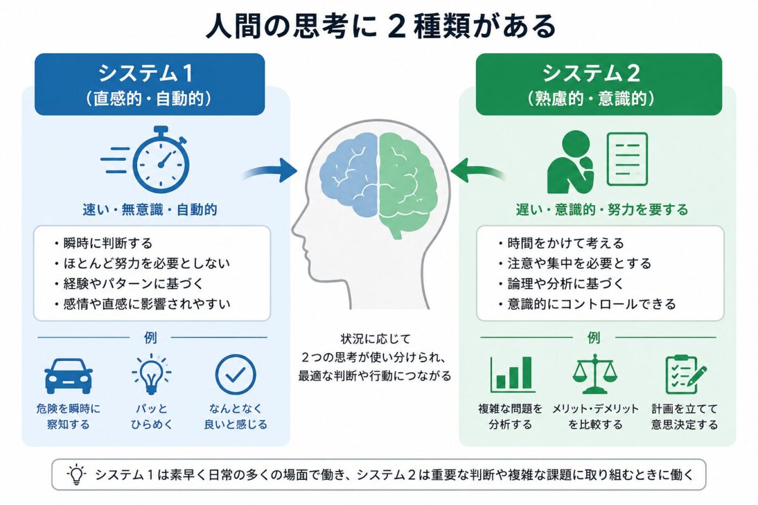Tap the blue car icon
coord(69,376)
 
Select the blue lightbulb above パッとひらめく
coord(152,374)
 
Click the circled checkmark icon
coord(236,374)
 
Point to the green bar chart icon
coord(512,374)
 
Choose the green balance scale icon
coord(595,374)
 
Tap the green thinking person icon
coord(570,162)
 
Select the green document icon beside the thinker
coord(627,159)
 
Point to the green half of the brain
coord(408,182)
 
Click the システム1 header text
coord(145,73)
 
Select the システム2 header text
coord(591,73)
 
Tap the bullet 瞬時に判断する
coord(104,243)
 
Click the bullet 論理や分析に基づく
coord(561,283)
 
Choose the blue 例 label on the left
coord(150,337)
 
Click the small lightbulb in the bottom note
coord(76,474)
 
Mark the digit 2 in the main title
coord(397,27)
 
